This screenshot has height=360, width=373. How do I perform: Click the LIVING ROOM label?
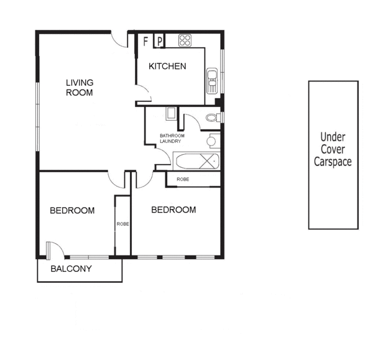coord(80,88)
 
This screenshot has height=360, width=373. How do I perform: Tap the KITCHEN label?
coord(167,67)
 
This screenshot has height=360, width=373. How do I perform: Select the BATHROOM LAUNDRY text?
coord(170,138)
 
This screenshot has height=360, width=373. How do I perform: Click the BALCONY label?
coord(71,269)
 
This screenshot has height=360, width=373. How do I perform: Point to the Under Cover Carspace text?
coord(333,149)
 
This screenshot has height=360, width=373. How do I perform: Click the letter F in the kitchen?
coord(146,42)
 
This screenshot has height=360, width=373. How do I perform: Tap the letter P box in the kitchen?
coord(159,42)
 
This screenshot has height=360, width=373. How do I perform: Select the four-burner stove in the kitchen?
coord(185,41)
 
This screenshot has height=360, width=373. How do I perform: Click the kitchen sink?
coord(212,80)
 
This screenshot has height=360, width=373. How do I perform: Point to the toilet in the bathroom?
coord(211,117)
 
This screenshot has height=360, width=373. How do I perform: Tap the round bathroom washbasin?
coord(211,142)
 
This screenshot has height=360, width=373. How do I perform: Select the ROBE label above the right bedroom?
coord(183,179)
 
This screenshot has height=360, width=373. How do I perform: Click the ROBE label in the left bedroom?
coord(122,224)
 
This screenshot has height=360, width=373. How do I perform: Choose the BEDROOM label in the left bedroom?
coord(72,211)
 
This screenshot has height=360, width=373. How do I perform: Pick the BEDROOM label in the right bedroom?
coord(173,210)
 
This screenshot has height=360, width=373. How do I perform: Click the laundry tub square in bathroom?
coord(171,114)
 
